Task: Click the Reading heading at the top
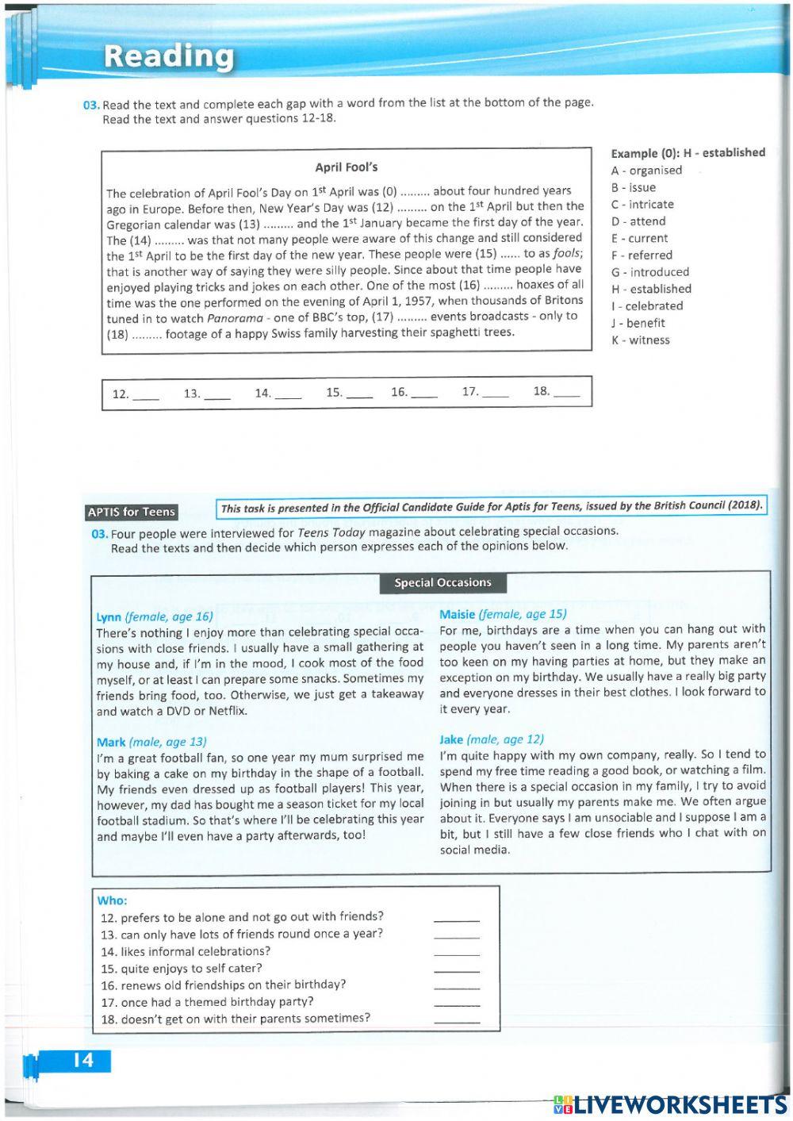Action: tap(169, 56)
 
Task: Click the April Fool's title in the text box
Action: tap(347, 167)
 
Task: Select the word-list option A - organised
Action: tap(646, 171)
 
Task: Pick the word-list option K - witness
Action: tap(640, 340)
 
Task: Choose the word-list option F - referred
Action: tap(642, 255)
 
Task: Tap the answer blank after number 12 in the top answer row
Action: tap(145, 395)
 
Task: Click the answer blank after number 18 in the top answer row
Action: tap(566, 393)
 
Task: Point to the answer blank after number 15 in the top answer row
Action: tap(359, 394)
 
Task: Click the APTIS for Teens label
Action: tap(132, 513)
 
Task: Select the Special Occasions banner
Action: tap(442, 583)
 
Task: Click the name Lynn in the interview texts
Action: tap(109, 617)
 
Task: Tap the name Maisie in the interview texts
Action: tap(457, 614)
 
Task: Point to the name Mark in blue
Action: tap(111, 743)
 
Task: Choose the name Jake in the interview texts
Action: tap(451, 739)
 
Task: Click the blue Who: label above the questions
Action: tap(112, 901)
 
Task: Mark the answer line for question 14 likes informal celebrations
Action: tap(457, 954)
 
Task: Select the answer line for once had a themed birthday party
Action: tap(457, 1005)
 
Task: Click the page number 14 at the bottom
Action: tap(82, 1061)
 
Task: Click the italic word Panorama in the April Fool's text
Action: tap(235, 318)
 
